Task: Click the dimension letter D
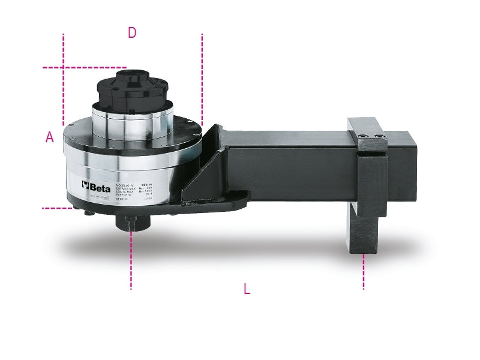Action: (132, 33)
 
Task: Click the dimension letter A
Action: (50, 137)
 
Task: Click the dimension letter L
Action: (247, 289)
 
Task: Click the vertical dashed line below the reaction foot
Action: (363, 273)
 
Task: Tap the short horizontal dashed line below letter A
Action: (57, 208)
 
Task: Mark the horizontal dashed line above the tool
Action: (84, 67)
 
